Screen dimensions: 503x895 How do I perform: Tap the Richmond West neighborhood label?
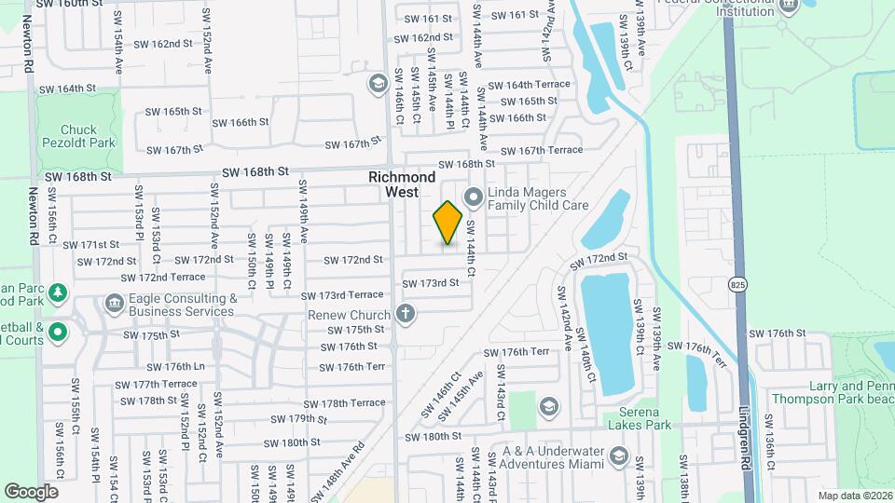tap(402, 184)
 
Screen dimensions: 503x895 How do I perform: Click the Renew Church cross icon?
tap(405, 313)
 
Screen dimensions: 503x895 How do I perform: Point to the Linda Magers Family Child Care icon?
tap(473, 197)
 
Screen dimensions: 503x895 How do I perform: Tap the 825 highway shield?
tap(738, 283)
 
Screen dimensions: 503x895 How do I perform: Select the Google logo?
tap(32, 491)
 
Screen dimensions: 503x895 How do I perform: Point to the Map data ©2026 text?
tap(855, 496)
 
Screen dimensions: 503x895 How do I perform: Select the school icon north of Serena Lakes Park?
tap(548, 406)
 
